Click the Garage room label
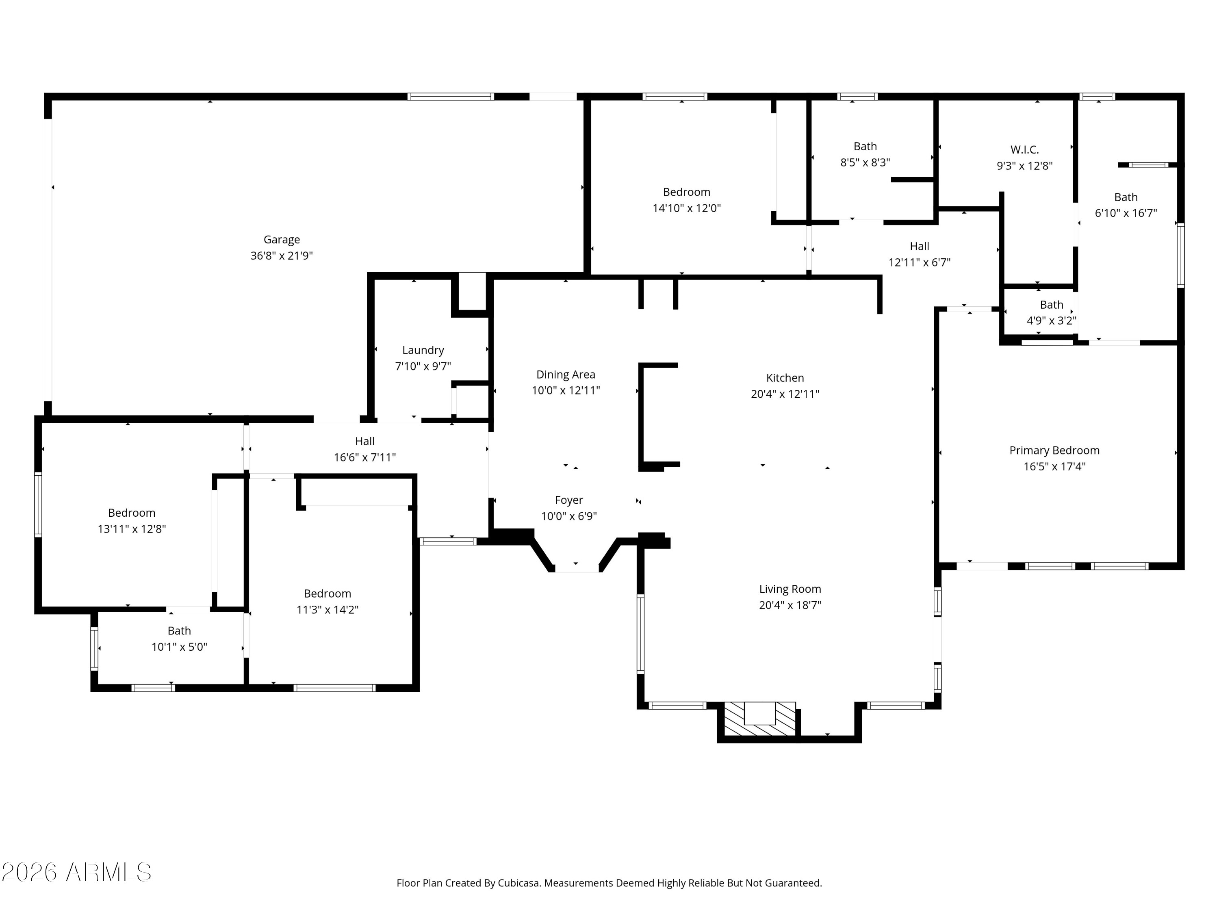click(282, 240)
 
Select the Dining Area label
click(566, 375)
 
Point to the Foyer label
click(569, 500)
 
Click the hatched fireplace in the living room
click(759, 719)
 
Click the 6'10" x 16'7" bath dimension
click(1126, 213)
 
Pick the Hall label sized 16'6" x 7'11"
click(365, 441)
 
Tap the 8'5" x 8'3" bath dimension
click(865, 162)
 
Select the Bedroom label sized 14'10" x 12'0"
click(687, 192)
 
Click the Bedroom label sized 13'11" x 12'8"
click(132, 513)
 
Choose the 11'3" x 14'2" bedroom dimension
click(328, 610)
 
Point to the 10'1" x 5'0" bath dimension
click(180, 647)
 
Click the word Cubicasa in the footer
click(518, 883)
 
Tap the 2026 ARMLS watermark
click(77, 872)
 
